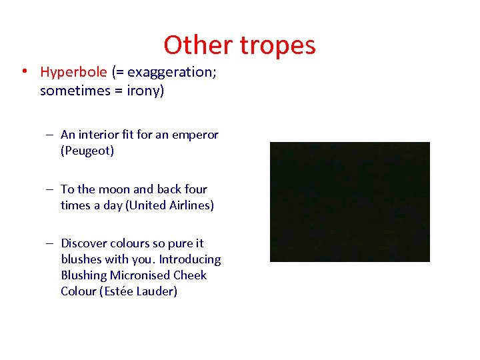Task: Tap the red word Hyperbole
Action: click(x=73, y=72)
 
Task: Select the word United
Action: click(x=144, y=205)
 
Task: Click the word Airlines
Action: click(x=189, y=205)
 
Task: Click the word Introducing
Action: click(x=190, y=259)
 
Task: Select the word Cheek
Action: click(x=190, y=275)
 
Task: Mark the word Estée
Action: click(x=117, y=291)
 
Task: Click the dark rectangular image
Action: click(x=349, y=201)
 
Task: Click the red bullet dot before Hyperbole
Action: click(x=23, y=72)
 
